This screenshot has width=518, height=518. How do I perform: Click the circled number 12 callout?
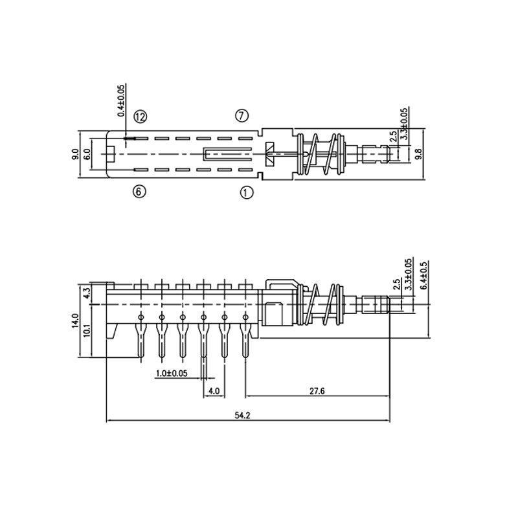140,117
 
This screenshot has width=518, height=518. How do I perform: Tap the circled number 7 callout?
242,116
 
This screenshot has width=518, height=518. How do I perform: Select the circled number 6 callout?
139,192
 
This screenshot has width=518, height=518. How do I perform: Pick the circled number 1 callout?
247,192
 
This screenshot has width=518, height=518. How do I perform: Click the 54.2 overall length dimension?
242,415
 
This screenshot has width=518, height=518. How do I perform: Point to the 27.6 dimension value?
317,391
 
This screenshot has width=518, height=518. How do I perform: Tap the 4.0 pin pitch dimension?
214,391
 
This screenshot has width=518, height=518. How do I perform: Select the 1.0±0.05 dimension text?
172,374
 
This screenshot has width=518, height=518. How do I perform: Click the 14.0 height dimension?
75,321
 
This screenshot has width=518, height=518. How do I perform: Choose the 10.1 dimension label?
87,331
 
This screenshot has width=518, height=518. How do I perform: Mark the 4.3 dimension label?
87,293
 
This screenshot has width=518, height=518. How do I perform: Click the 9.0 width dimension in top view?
75,154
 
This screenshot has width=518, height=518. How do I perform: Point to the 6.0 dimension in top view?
87,154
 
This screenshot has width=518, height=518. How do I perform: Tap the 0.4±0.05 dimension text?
121,101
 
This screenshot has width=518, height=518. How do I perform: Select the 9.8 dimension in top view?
418,154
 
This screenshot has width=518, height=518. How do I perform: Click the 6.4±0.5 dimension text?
425,275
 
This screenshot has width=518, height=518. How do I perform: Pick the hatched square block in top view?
270,154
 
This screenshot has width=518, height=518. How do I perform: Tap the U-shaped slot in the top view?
227,154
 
